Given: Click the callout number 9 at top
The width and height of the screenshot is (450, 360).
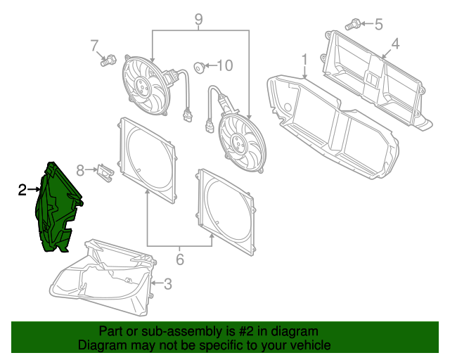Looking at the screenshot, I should pos(199,20).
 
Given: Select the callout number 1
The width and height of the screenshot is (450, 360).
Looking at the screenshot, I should pos(304,58).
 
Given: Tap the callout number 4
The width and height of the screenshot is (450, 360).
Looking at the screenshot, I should pos(395,44).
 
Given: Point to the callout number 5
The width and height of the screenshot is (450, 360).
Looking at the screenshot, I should pos(378,25).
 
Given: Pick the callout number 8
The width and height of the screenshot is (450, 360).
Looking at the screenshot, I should pos(80,170).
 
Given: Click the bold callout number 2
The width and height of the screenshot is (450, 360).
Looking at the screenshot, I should pos(22,189).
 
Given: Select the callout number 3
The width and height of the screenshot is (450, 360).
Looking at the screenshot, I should pos(167,284).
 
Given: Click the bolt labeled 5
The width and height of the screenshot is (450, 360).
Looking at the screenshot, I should pos(354,25).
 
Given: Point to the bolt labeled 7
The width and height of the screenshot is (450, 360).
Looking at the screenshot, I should pos(108,61).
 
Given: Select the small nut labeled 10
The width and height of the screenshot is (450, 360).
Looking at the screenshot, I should pos(200,67).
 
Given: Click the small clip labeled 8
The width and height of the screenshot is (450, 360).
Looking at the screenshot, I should pos(105,171).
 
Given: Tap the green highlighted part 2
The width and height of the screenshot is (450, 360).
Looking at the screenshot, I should pos(56,207).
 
